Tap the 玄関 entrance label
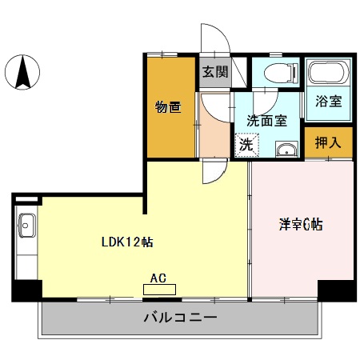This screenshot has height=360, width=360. pos(214,72)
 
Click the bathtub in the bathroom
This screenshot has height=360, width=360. pos(326,74)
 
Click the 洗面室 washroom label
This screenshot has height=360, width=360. pos(266,122)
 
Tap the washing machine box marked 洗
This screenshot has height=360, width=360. pos(246,146)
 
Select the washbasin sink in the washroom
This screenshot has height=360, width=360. pos(285,149)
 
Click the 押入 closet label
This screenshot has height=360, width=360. pos(327,144)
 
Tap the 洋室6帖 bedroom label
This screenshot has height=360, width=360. pos(301,225)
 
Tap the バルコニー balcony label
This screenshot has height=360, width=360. pos(180,318)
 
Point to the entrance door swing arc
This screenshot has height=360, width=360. pos(213,40)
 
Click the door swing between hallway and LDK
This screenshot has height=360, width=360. pos(214,170)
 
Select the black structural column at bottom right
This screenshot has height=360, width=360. pos(336,290)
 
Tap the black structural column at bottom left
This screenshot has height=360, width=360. pos(25,290)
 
